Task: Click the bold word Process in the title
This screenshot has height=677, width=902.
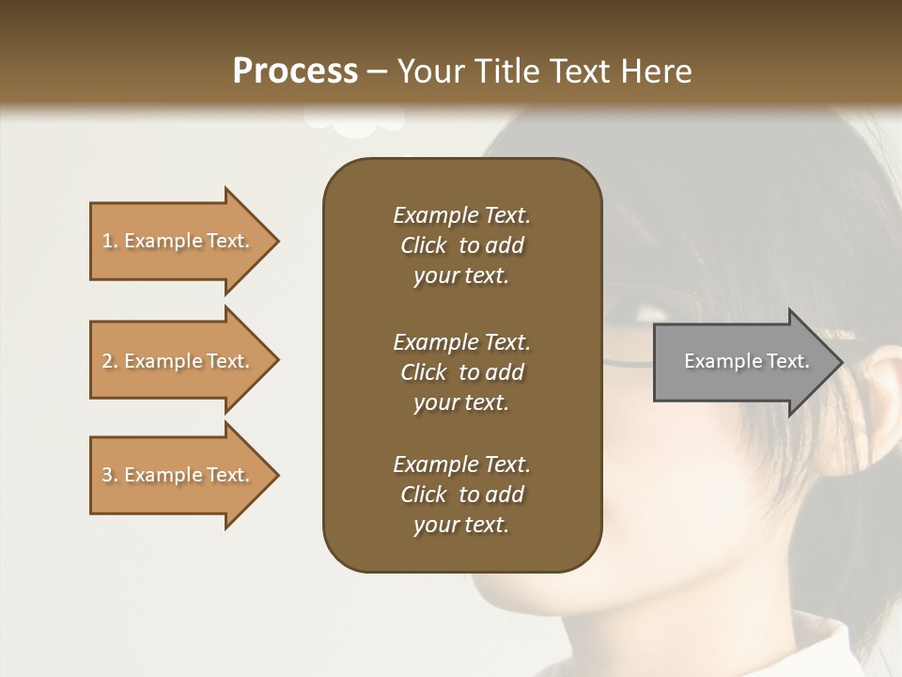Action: pos(295,71)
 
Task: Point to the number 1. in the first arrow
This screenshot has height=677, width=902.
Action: pos(110,241)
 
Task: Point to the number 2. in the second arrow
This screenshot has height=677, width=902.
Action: pos(110,361)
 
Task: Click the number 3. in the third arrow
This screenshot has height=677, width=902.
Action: pos(110,475)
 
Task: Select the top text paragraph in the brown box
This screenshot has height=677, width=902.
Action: pos(461,245)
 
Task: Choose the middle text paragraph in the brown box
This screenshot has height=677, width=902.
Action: pos(461,372)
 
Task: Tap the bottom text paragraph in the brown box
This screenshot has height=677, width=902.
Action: pos(461,495)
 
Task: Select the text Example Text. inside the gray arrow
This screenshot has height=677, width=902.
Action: pos(747,361)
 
